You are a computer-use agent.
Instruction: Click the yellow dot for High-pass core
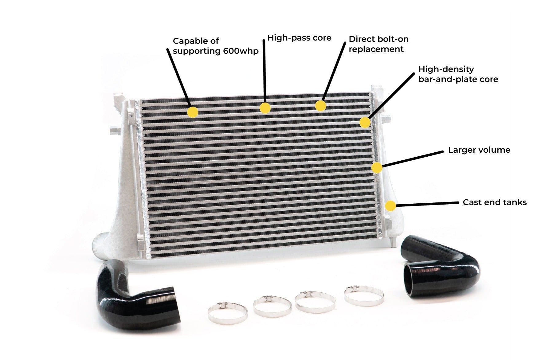coord(265,108)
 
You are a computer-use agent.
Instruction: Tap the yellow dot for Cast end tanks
coord(390,206)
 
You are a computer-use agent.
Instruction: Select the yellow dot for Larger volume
coord(377,168)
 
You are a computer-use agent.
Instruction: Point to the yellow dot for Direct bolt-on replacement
coord(320,106)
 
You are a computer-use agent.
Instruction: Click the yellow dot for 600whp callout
coord(193,112)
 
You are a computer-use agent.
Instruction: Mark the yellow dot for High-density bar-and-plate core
coord(365,122)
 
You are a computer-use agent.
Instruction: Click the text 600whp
coord(241,51)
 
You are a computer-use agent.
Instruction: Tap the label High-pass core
coord(299,38)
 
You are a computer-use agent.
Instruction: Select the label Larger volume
coord(479,150)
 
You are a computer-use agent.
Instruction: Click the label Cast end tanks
coord(495,202)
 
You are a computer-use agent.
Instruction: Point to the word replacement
coord(376,49)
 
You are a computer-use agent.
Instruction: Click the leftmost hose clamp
coord(227,313)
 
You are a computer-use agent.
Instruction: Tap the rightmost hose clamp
coord(364,295)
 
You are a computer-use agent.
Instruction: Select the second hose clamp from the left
coord(272,306)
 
